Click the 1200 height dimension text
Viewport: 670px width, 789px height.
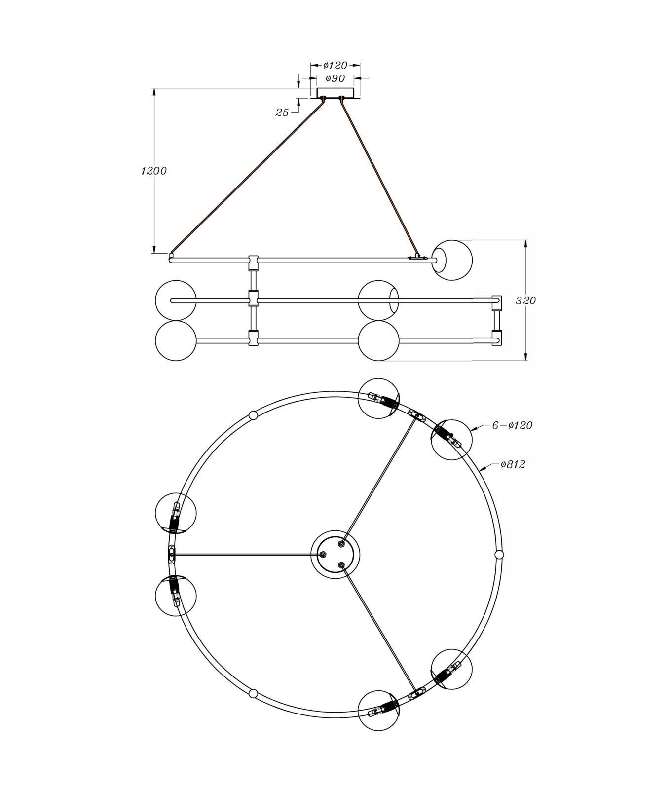click(x=154, y=171)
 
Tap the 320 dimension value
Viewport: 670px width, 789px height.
click(x=526, y=301)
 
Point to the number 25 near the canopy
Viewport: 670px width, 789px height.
click(x=282, y=113)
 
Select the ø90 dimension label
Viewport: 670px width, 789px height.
click(x=335, y=78)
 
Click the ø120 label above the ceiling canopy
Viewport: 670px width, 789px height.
click(x=335, y=65)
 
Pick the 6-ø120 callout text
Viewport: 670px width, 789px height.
click(x=512, y=425)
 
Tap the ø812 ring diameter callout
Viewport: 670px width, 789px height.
click(x=513, y=464)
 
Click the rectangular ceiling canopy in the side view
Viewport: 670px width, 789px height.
click(x=335, y=93)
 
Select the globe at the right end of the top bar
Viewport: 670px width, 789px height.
click(x=452, y=260)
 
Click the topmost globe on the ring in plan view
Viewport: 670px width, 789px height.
click(x=378, y=399)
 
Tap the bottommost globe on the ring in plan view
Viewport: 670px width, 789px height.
click(x=378, y=711)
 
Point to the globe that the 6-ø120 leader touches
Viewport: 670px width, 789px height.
click(x=451, y=440)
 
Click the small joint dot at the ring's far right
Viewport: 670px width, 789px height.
click(x=499, y=555)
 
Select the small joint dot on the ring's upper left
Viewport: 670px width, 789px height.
click(x=253, y=415)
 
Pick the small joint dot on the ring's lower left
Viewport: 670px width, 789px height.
click(x=253, y=694)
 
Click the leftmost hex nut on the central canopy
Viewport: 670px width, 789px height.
click(x=323, y=555)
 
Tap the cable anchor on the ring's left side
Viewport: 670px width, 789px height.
click(x=171, y=555)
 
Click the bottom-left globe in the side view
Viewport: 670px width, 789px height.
click(x=176, y=341)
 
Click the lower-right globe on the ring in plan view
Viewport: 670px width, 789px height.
click(x=451, y=670)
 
